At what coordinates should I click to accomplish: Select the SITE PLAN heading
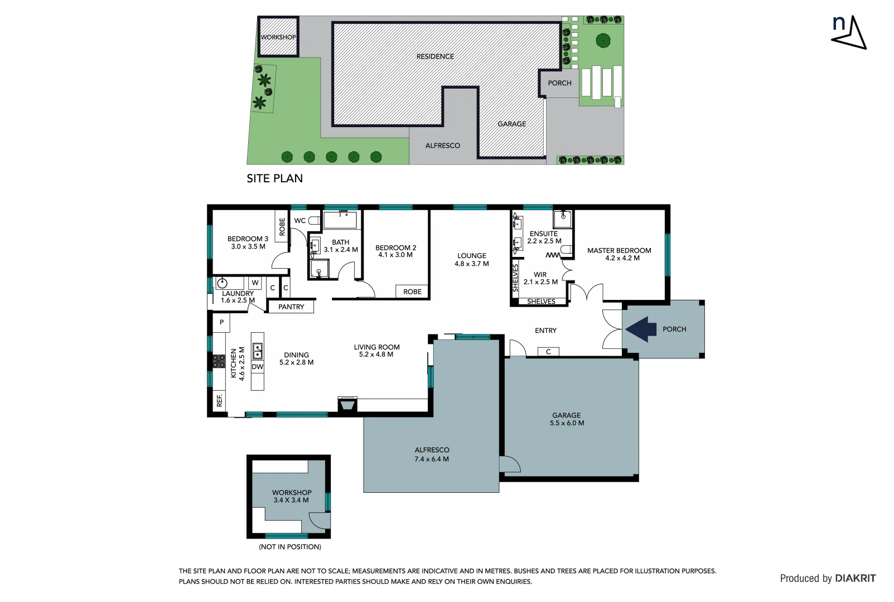(x=274, y=178)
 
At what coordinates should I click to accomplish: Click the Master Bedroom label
(x=619, y=254)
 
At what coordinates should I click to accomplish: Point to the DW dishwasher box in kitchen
(x=257, y=367)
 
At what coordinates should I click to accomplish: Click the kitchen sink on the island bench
(x=258, y=351)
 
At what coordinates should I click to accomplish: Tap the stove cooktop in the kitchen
(x=219, y=361)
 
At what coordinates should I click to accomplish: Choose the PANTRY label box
(x=291, y=307)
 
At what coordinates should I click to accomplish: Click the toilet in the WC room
(x=315, y=221)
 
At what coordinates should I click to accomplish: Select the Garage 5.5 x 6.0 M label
(x=567, y=419)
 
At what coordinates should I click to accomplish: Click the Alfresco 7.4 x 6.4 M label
(x=432, y=454)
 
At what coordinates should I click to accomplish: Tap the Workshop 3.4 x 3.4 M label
(x=291, y=496)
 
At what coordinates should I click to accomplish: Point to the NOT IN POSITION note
(x=289, y=547)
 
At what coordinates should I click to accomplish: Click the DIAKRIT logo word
(x=855, y=579)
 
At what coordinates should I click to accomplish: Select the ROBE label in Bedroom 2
(x=412, y=292)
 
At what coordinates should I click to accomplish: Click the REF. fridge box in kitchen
(x=219, y=400)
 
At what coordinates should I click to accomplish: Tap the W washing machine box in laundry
(x=255, y=283)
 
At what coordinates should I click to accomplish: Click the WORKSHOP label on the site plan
(x=278, y=37)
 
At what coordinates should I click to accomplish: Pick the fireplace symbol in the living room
(x=347, y=404)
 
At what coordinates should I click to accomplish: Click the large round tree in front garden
(x=602, y=40)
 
